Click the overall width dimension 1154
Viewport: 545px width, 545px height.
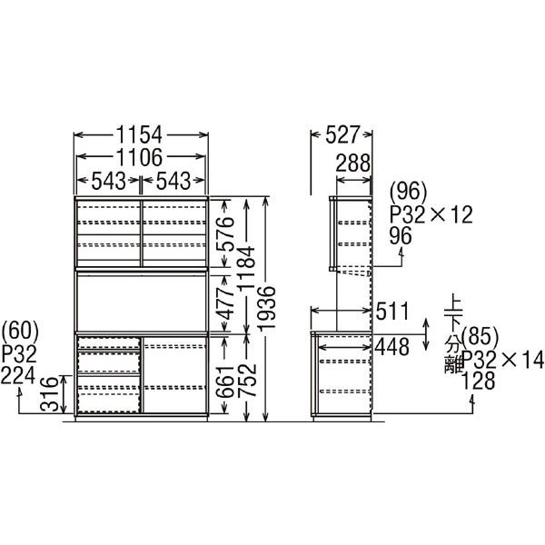[x=141, y=134]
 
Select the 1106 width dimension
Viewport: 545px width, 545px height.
[x=141, y=156]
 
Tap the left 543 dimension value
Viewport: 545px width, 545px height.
[x=107, y=179]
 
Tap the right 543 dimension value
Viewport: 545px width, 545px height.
[x=174, y=179]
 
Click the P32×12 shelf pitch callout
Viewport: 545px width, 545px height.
[x=431, y=215]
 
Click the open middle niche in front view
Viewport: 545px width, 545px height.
[x=141, y=301]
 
